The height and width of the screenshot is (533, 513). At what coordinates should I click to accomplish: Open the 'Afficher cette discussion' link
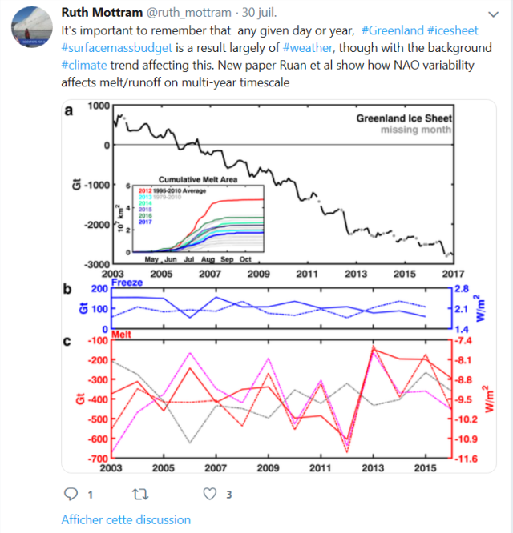click(126, 520)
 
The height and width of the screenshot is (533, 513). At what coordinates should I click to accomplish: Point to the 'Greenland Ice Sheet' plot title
click(404, 118)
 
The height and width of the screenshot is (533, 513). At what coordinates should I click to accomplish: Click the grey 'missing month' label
click(415, 130)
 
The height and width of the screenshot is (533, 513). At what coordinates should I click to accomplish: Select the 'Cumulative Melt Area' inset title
click(192, 178)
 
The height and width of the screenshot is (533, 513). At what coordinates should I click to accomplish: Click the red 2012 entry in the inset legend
click(146, 190)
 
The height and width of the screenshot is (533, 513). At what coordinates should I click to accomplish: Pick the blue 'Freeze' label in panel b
click(127, 283)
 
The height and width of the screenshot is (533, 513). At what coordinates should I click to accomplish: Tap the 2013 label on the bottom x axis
click(373, 467)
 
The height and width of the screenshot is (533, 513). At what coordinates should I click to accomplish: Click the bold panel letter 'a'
click(69, 110)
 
